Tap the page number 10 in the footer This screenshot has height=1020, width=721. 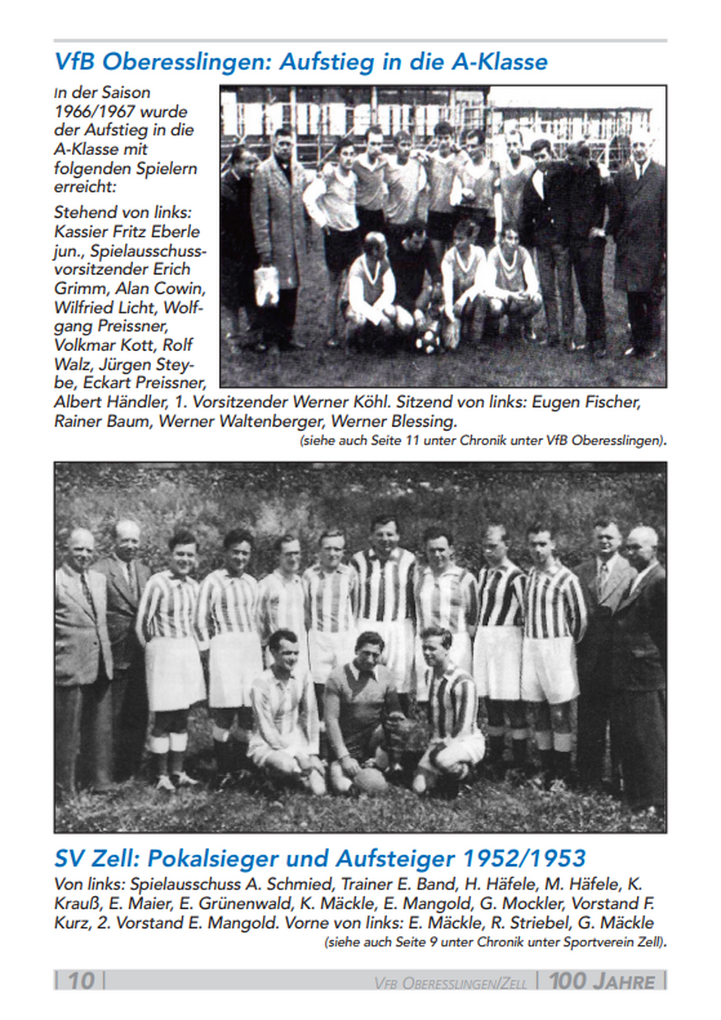coord(79,980)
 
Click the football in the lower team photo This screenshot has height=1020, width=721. coord(370,781)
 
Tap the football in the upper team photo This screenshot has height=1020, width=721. coord(426,340)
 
